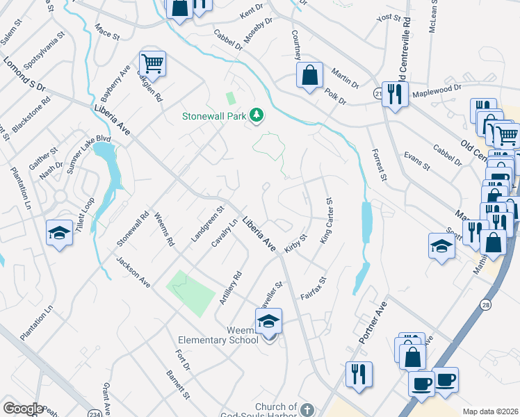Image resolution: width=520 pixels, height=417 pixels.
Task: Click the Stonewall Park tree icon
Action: [x=257, y=115]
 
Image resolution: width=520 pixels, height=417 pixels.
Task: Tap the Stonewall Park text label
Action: [x=214, y=116]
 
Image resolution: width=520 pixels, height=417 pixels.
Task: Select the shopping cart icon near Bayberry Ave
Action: [x=152, y=64]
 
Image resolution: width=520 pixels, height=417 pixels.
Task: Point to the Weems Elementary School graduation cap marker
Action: [x=268, y=320]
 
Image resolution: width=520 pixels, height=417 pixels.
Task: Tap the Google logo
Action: [x=23, y=409]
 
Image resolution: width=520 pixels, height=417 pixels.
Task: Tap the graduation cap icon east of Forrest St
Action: [x=441, y=247]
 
